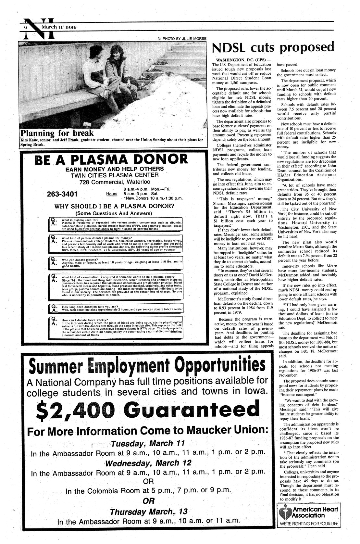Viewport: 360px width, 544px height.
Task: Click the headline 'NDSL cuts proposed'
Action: tap(273, 47)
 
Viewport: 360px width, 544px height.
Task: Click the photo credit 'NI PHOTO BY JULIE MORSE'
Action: tap(182, 39)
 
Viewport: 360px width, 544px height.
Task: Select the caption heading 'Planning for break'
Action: tap(57, 133)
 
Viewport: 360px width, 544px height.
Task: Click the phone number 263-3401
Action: tap(62, 194)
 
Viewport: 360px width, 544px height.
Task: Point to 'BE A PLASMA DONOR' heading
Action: tap(113, 159)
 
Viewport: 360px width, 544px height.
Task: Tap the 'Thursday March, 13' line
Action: tap(148, 512)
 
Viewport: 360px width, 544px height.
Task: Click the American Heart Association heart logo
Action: tap(285, 512)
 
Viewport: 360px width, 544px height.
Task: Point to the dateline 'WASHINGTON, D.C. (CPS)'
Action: tap(239, 60)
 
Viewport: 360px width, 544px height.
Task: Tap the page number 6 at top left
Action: tap(26, 28)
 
